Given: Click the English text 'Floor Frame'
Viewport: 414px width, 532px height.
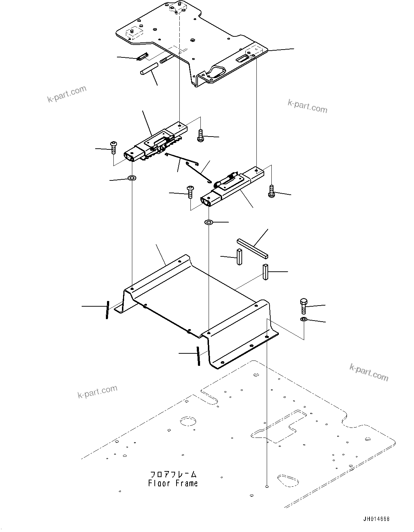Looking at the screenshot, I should (173, 484).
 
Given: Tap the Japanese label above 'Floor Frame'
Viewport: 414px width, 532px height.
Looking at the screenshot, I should (173, 475).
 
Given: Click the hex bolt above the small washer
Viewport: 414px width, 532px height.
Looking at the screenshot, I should (303, 306).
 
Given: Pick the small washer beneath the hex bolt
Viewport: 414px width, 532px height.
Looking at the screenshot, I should (303, 319).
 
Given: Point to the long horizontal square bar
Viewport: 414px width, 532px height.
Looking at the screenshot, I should (252, 248).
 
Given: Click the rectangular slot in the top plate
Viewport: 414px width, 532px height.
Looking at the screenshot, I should (243, 57).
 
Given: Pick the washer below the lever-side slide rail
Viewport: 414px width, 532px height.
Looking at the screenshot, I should (209, 222).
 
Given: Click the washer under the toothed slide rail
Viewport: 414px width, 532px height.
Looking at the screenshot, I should (132, 177).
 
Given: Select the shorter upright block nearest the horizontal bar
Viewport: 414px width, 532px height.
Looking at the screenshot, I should (239, 257).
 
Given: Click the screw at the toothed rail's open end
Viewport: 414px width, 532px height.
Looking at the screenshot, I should (113, 147).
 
